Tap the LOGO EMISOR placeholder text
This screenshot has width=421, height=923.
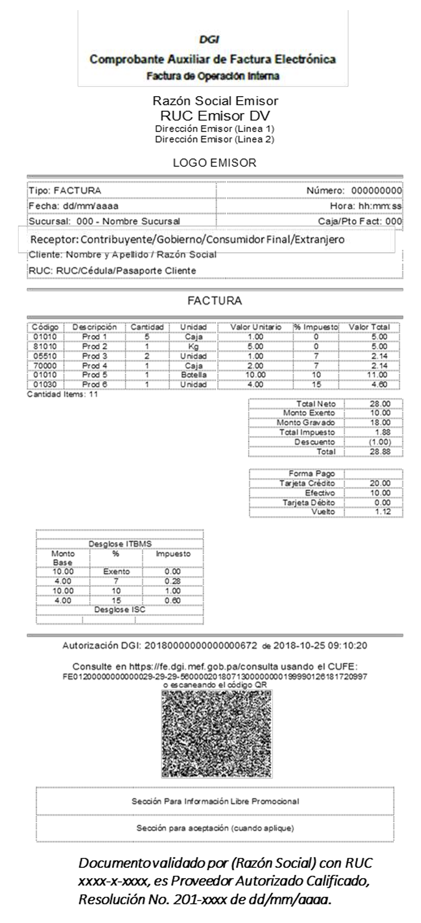pyautogui.click(x=214, y=163)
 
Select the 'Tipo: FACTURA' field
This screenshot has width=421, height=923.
pyautogui.click(x=65, y=191)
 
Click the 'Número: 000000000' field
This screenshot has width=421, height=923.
pyautogui.click(x=354, y=191)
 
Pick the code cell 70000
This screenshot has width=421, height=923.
pyautogui.click(x=44, y=365)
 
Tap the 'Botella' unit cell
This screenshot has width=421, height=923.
pyautogui.click(x=194, y=375)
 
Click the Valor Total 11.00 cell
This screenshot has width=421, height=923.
pyautogui.click(x=375, y=375)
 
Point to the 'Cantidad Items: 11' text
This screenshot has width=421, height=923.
pyautogui.click(x=62, y=395)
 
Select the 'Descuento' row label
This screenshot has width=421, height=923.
pyautogui.click(x=315, y=442)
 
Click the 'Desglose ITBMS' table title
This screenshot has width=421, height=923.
pyautogui.click(x=120, y=544)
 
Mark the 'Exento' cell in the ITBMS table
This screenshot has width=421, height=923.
pyautogui.click(x=117, y=572)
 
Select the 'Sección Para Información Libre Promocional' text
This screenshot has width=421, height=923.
pyautogui.click(x=216, y=801)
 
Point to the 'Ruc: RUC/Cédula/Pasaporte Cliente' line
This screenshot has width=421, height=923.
pyautogui.click(x=113, y=270)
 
